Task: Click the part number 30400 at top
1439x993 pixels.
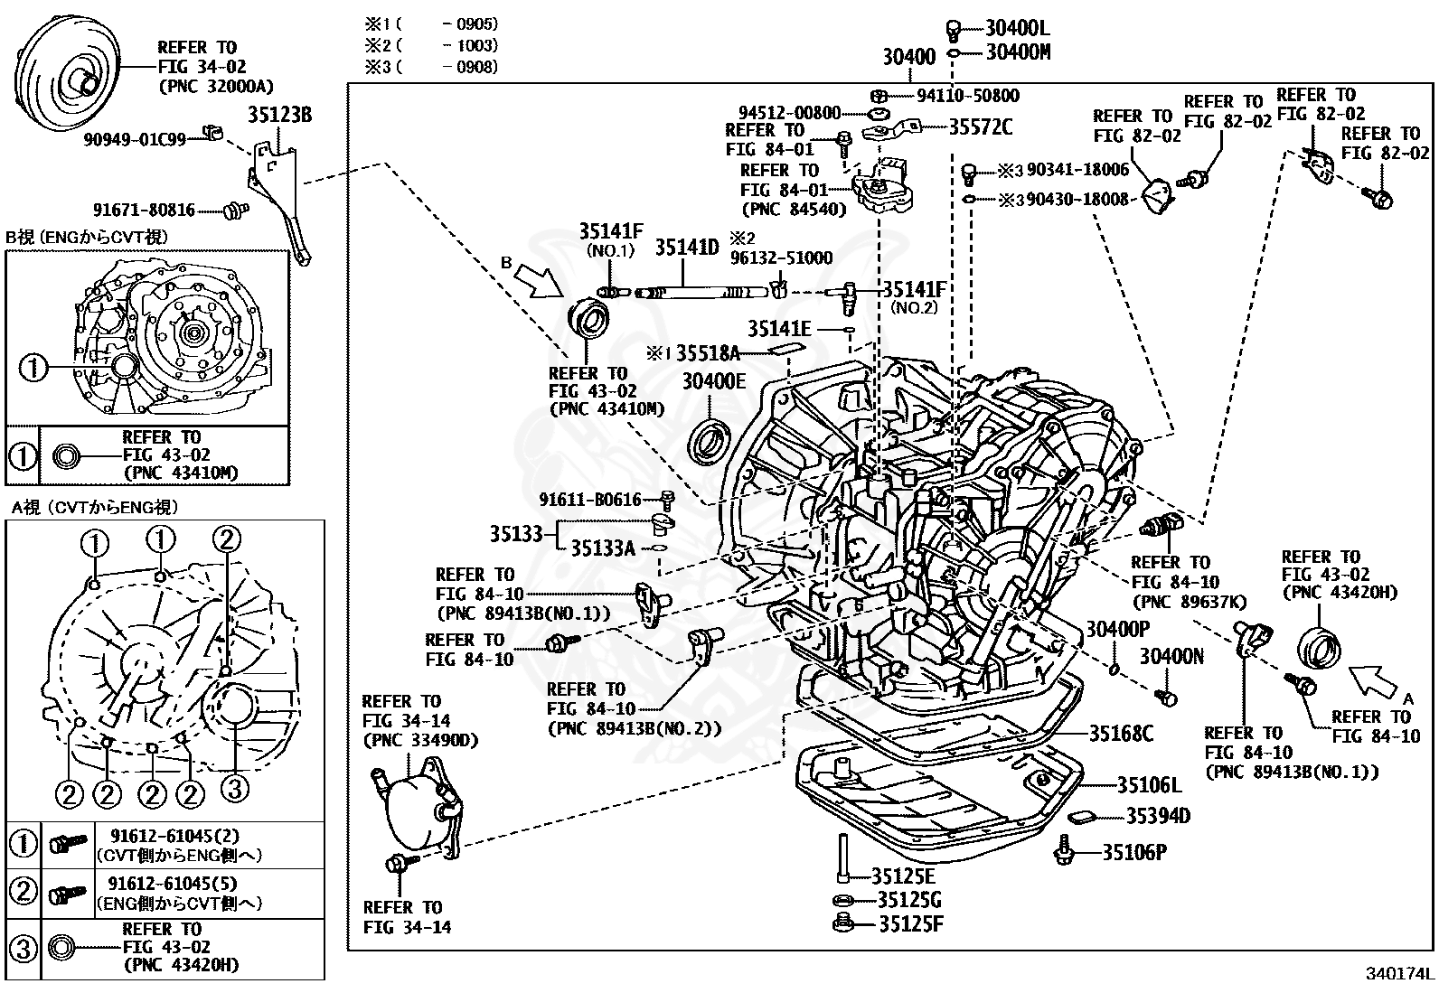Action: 908,57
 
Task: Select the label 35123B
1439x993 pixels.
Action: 279,116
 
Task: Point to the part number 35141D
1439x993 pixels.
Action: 686,248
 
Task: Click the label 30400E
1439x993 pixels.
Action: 713,382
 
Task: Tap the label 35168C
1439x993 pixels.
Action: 1121,733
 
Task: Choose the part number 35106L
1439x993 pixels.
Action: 1149,785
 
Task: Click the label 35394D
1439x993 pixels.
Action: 1157,817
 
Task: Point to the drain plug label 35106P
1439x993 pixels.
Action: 1133,851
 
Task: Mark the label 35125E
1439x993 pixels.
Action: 903,876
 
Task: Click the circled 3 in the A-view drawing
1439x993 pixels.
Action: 233,790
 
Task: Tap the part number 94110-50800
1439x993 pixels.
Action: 967,96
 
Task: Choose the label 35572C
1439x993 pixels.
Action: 981,127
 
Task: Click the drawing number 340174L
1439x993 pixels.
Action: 1398,974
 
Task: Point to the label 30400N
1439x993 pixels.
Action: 1171,657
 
